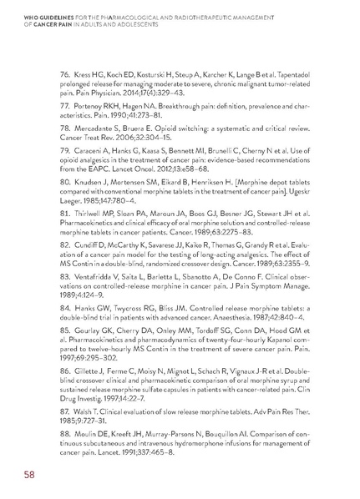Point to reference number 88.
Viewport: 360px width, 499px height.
(x=69, y=414)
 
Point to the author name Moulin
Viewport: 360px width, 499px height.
(x=94, y=414)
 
